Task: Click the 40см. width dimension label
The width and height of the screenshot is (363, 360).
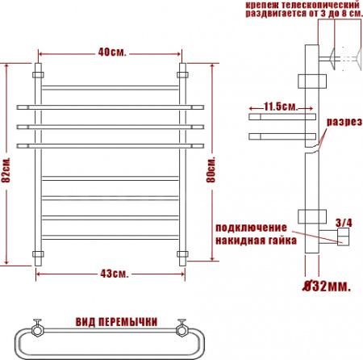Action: tap(112, 52)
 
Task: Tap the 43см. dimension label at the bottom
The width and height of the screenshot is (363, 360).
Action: tap(115, 274)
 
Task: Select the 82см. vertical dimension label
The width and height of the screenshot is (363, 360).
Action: tap(6, 170)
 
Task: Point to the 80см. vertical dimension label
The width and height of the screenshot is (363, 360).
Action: tap(211, 170)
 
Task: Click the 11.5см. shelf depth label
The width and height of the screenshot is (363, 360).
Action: tap(281, 107)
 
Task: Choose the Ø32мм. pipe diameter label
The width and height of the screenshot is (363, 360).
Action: tap(327, 286)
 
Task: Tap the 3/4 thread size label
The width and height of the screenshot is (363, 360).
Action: tap(344, 223)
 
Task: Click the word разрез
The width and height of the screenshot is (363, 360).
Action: tap(344, 122)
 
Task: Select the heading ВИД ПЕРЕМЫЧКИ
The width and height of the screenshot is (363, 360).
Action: tap(116, 322)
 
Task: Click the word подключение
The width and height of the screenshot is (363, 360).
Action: tap(251, 228)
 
